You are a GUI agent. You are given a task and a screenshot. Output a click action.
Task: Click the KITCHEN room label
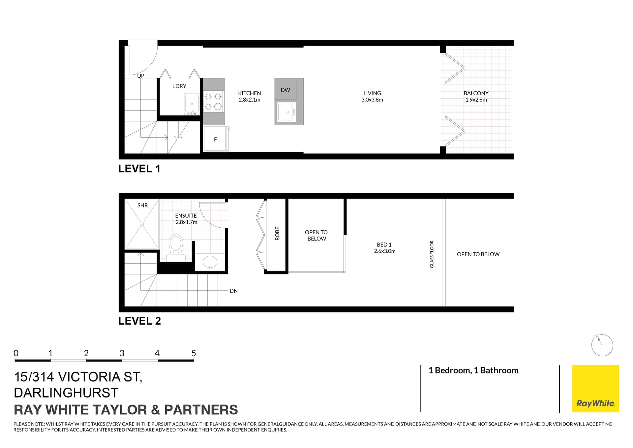[x=249, y=93]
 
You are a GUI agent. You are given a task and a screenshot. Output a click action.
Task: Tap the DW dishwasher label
[x=285, y=90]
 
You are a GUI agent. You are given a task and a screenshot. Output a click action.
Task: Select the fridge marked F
[x=215, y=139]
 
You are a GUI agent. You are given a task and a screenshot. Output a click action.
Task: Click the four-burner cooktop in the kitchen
[x=213, y=101]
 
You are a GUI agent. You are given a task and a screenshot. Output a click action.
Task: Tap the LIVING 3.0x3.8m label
[x=372, y=96]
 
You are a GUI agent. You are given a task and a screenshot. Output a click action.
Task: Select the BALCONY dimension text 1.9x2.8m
[x=476, y=100]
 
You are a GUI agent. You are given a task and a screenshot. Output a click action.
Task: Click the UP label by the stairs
[x=140, y=76]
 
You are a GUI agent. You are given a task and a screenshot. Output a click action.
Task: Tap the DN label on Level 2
[x=233, y=291]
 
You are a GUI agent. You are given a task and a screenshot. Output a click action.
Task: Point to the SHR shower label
[x=142, y=206]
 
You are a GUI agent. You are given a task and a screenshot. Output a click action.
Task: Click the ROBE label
[x=277, y=233]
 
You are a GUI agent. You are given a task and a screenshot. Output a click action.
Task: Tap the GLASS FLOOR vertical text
[x=432, y=254]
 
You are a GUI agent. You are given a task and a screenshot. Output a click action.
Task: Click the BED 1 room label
[x=384, y=245]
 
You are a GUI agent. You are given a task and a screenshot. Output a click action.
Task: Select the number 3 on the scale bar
[x=122, y=353]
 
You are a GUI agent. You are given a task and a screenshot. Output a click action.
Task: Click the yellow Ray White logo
[x=595, y=389]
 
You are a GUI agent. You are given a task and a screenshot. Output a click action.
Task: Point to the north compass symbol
[x=602, y=345]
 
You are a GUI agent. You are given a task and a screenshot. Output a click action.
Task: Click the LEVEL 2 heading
[x=139, y=321]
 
